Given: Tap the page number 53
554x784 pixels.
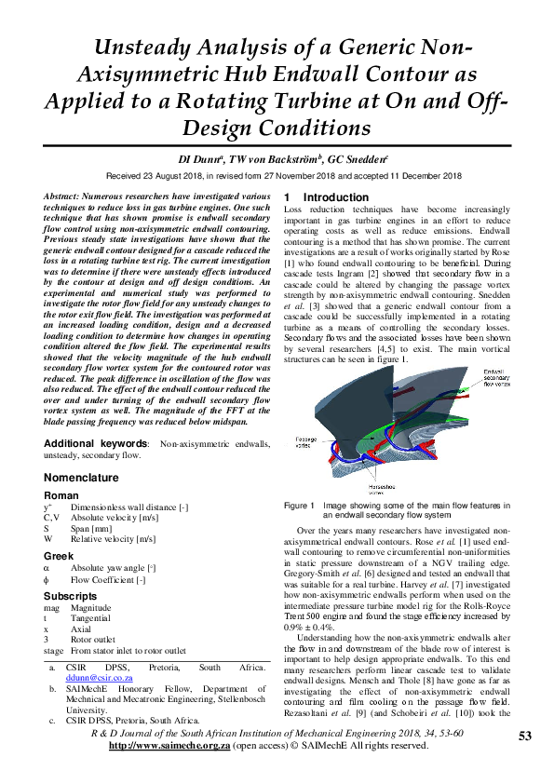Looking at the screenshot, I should pos(524,737).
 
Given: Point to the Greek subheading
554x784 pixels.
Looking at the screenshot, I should pos(59,555).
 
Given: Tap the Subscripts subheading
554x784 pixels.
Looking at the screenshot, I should pos(71,594).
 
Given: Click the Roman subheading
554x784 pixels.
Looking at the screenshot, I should pos(61,495).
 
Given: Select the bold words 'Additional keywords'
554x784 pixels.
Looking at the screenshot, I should pos(97,444).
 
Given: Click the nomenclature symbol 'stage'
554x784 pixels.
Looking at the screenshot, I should pos(54,651).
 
